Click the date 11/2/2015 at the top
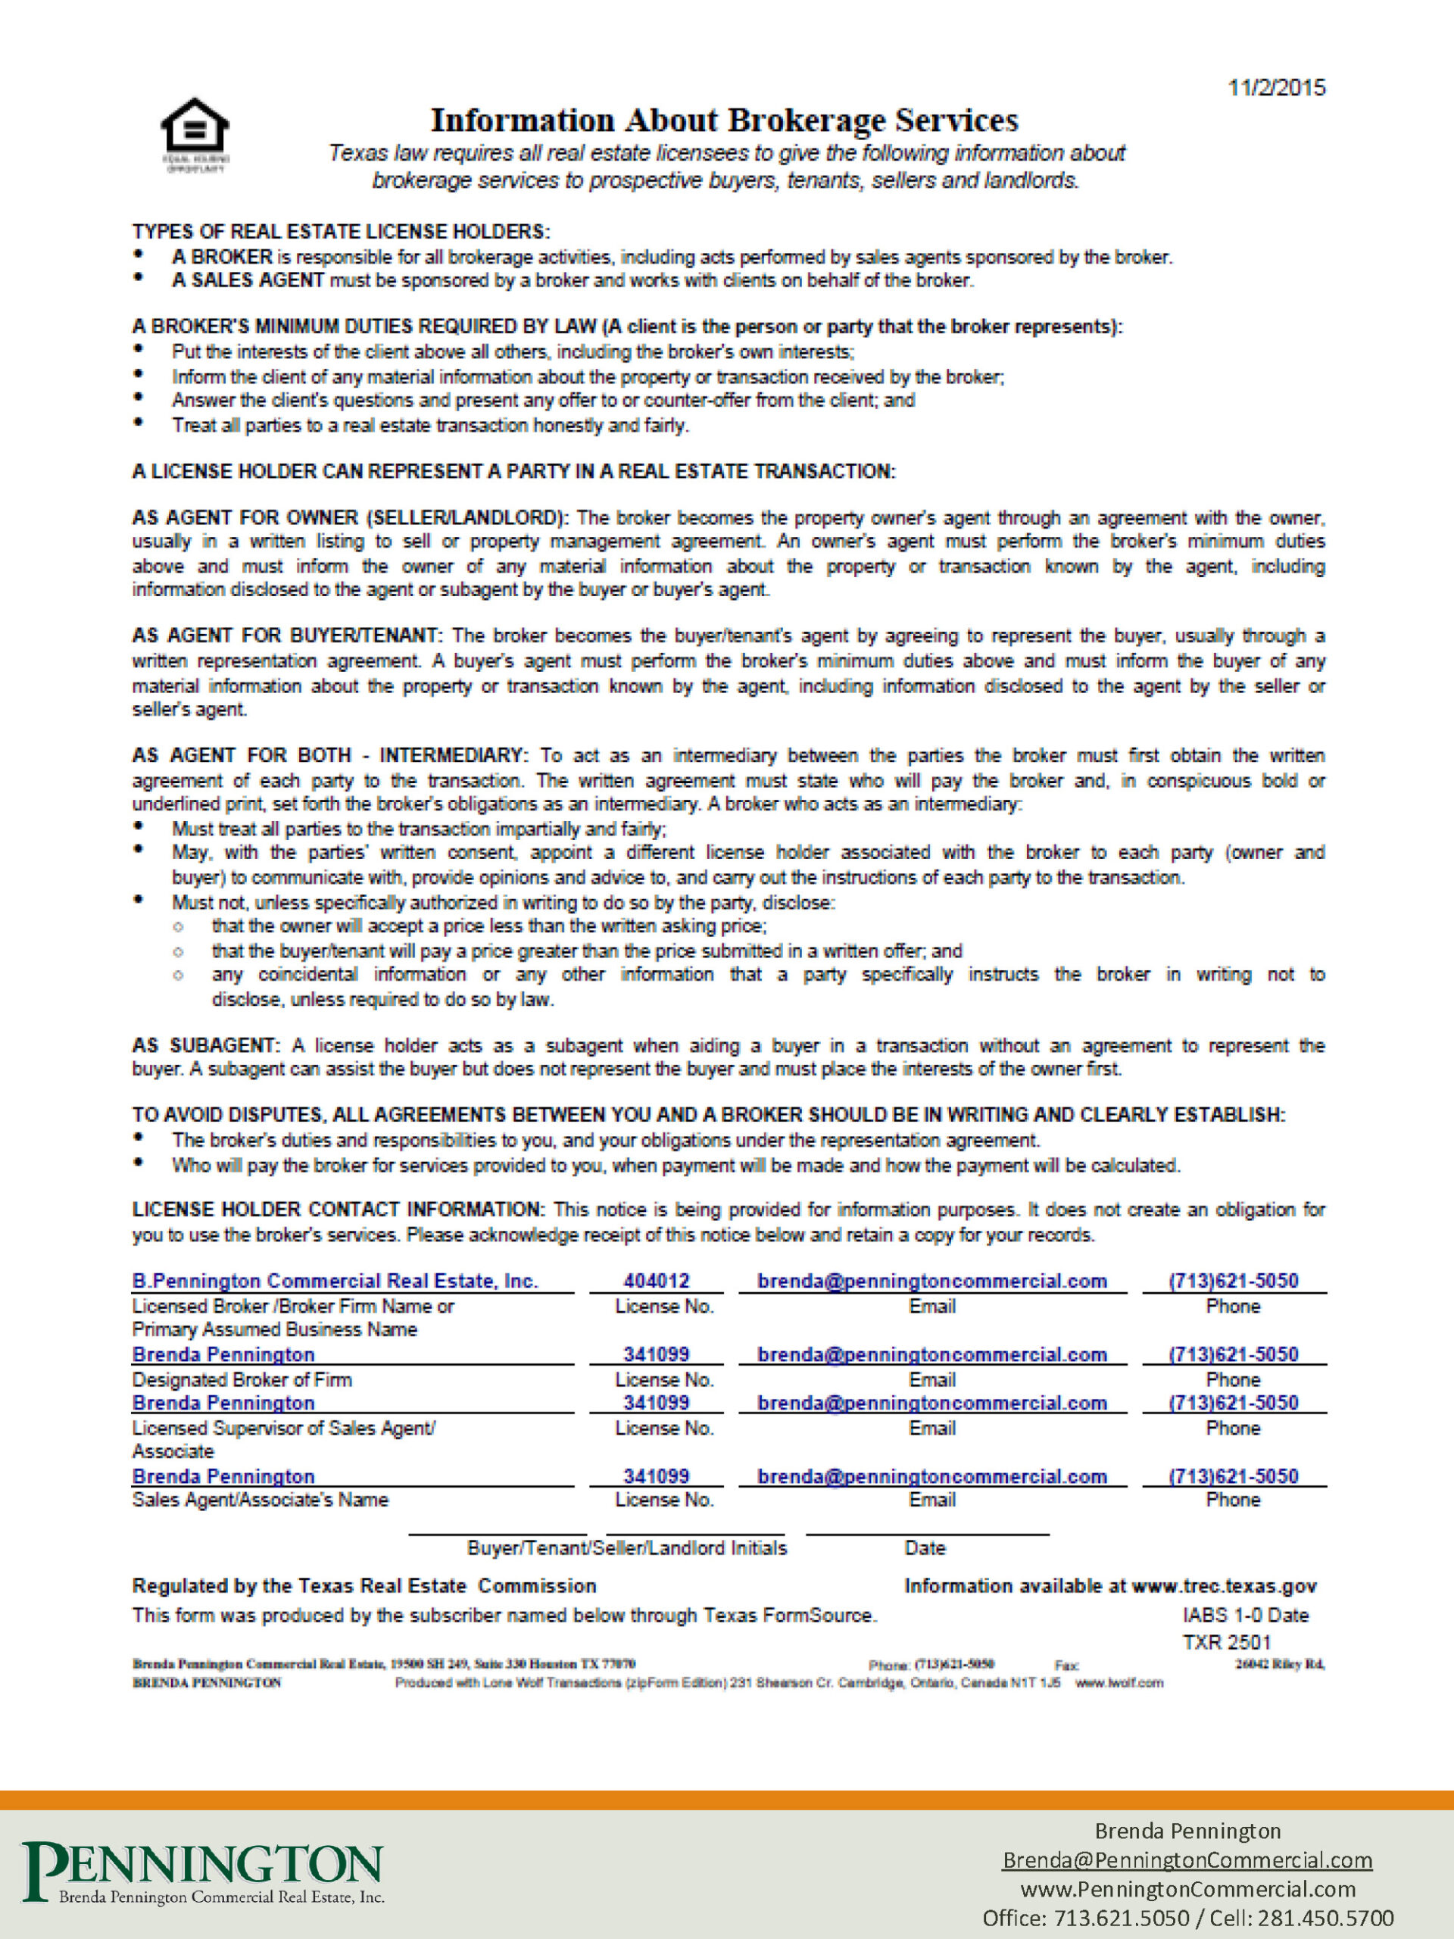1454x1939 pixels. tap(1276, 88)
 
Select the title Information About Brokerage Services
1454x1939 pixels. tap(724, 120)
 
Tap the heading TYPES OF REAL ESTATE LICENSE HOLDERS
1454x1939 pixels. tap(341, 232)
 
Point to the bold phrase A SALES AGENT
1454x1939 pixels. tap(248, 280)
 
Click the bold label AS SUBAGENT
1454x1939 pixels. tap(205, 1045)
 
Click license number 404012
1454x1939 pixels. tap(657, 1281)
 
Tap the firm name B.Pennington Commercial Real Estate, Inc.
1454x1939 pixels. tap(335, 1281)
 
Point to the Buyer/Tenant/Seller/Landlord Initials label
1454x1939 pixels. tap(626, 1548)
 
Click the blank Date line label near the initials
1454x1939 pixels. tap(925, 1548)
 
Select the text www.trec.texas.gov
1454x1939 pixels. tap(1224, 1586)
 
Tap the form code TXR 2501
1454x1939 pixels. tap(1226, 1642)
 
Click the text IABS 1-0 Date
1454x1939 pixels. tap(1244, 1615)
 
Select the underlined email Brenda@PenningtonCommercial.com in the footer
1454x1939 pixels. tap(1187, 1860)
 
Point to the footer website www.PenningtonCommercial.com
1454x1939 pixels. tap(1187, 1889)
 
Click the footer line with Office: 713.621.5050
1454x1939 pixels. tap(1187, 1918)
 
